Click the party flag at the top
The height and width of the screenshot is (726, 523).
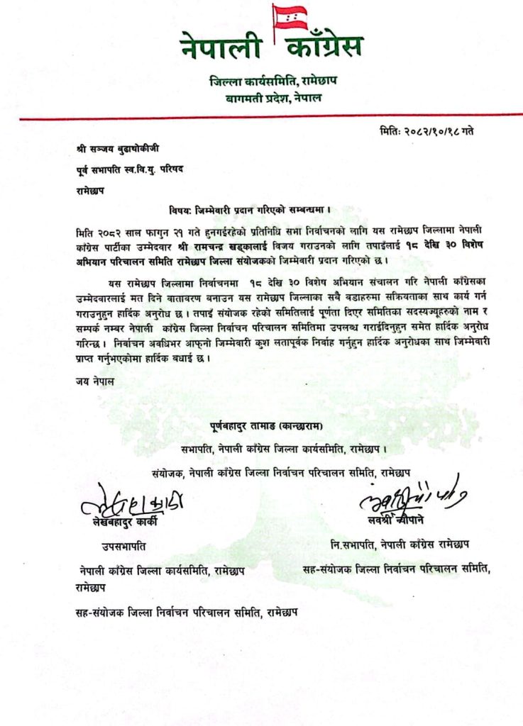coord(288,17)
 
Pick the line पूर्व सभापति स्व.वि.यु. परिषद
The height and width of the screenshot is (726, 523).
coord(129,170)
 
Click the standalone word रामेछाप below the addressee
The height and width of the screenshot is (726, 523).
coord(94,190)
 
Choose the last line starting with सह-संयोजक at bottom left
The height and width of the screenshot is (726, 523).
coord(186,610)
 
